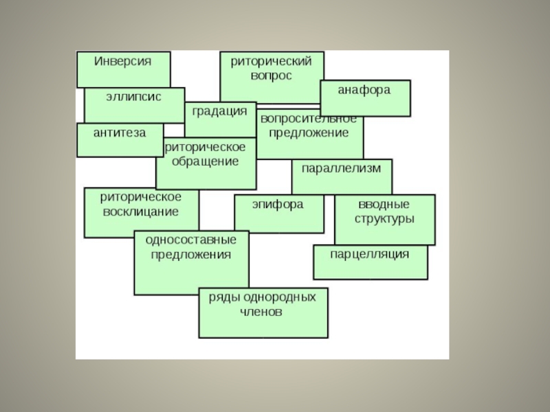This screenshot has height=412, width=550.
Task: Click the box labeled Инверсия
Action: pos(123,61)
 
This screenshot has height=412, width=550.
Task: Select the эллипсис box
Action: pos(133,97)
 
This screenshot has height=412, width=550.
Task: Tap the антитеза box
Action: pos(120,133)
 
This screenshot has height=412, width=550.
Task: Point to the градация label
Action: pos(219,111)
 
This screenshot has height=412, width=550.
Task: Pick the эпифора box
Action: pos(278,205)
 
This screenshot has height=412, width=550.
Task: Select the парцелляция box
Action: pos(370,255)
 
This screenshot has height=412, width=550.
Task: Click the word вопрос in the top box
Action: pos(271,76)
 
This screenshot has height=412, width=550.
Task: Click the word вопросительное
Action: pos(308,117)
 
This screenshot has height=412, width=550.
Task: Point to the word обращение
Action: pos(206,162)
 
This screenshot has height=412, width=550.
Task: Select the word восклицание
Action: pos(140,211)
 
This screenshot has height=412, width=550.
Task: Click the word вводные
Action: pos(384,205)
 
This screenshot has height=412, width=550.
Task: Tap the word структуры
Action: pos(384,220)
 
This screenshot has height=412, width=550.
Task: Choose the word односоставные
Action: pos(190,240)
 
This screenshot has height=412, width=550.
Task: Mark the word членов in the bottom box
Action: pos(261,312)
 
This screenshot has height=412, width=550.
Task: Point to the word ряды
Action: pos(223,297)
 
